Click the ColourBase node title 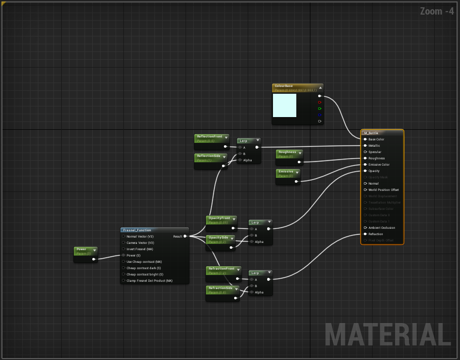pos(284,86)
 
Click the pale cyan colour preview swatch pos(285,105)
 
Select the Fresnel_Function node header pos(137,230)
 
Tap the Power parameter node pos(81,249)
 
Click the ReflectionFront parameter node pos(209,137)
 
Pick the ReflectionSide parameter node pos(208,156)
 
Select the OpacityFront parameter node pos(219,219)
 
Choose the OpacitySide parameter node pos(218,238)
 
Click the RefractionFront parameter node pos(221,269)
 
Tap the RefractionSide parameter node pos(220,288)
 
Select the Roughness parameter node pos(287,152)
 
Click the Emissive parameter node pos(286,171)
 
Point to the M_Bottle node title pos(371,133)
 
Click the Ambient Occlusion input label pos(382,228)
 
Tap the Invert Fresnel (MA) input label pos(140,249)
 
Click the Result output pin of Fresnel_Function pos(185,237)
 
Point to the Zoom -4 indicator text pos(437,11)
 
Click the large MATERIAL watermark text pos(388,335)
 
